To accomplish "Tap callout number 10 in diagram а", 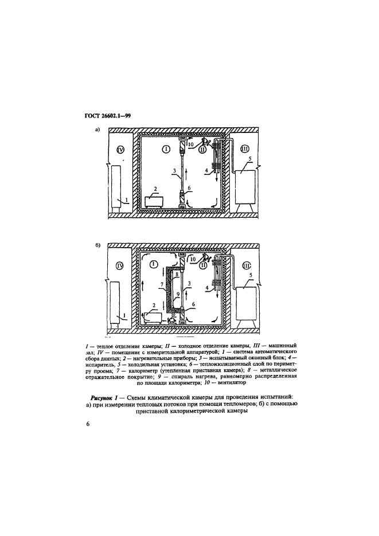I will pos(191,144).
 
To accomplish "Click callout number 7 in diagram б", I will pos(162,283).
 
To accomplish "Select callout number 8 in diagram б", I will pos(177,275).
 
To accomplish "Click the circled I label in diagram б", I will pos(153,264).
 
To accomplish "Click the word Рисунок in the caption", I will pos(106,397).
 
